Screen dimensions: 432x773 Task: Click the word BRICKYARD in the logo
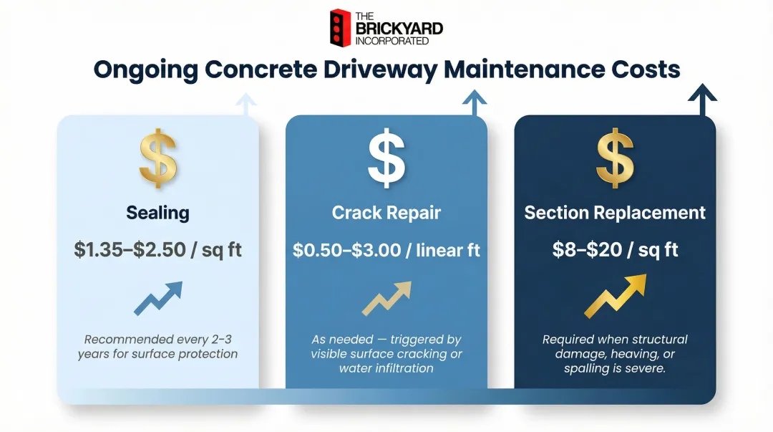click(x=399, y=29)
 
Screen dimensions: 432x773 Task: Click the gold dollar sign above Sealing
click(x=157, y=159)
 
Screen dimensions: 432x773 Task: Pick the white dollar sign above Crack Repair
click(x=386, y=159)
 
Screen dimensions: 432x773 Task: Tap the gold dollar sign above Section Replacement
click(x=615, y=159)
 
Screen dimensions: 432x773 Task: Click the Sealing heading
click(x=157, y=213)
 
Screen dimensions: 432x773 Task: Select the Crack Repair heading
click(x=386, y=213)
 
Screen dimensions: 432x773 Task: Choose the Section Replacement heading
click(x=615, y=213)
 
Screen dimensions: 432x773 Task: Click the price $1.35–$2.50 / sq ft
click(x=157, y=250)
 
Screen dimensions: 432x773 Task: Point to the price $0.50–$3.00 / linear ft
click(x=386, y=250)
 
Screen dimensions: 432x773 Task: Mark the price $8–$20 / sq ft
click(x=615, y=250)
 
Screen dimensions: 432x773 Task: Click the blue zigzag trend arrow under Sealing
click(x=158, y=297)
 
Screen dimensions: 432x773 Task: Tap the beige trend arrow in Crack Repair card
click(x=386, y=297)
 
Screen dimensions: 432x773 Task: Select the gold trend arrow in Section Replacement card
click(x=615, y=296)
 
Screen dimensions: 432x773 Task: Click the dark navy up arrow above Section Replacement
click(x=702, y=99)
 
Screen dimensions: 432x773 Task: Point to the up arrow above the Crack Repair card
click(x=473, y=102)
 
